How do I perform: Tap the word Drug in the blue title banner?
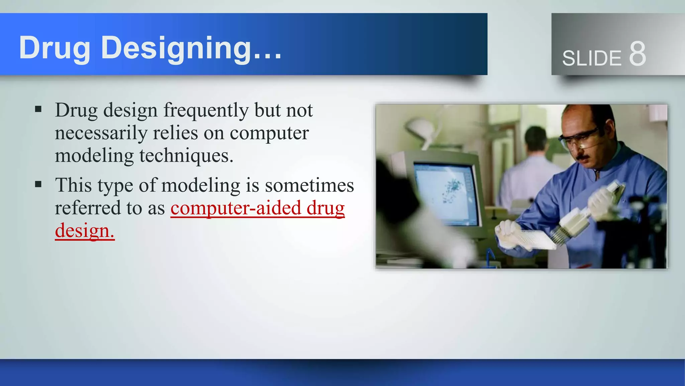[55, 48]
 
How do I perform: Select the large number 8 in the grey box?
[637, 54]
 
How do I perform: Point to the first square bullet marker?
[38, 109]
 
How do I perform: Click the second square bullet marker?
[38, 184]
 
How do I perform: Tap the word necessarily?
[101, 133]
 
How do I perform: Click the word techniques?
[186, 156]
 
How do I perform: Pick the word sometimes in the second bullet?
[309, 185]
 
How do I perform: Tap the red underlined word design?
[84, 231]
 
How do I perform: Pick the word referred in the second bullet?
[88, 208]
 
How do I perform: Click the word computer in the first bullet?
[269, 133]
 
